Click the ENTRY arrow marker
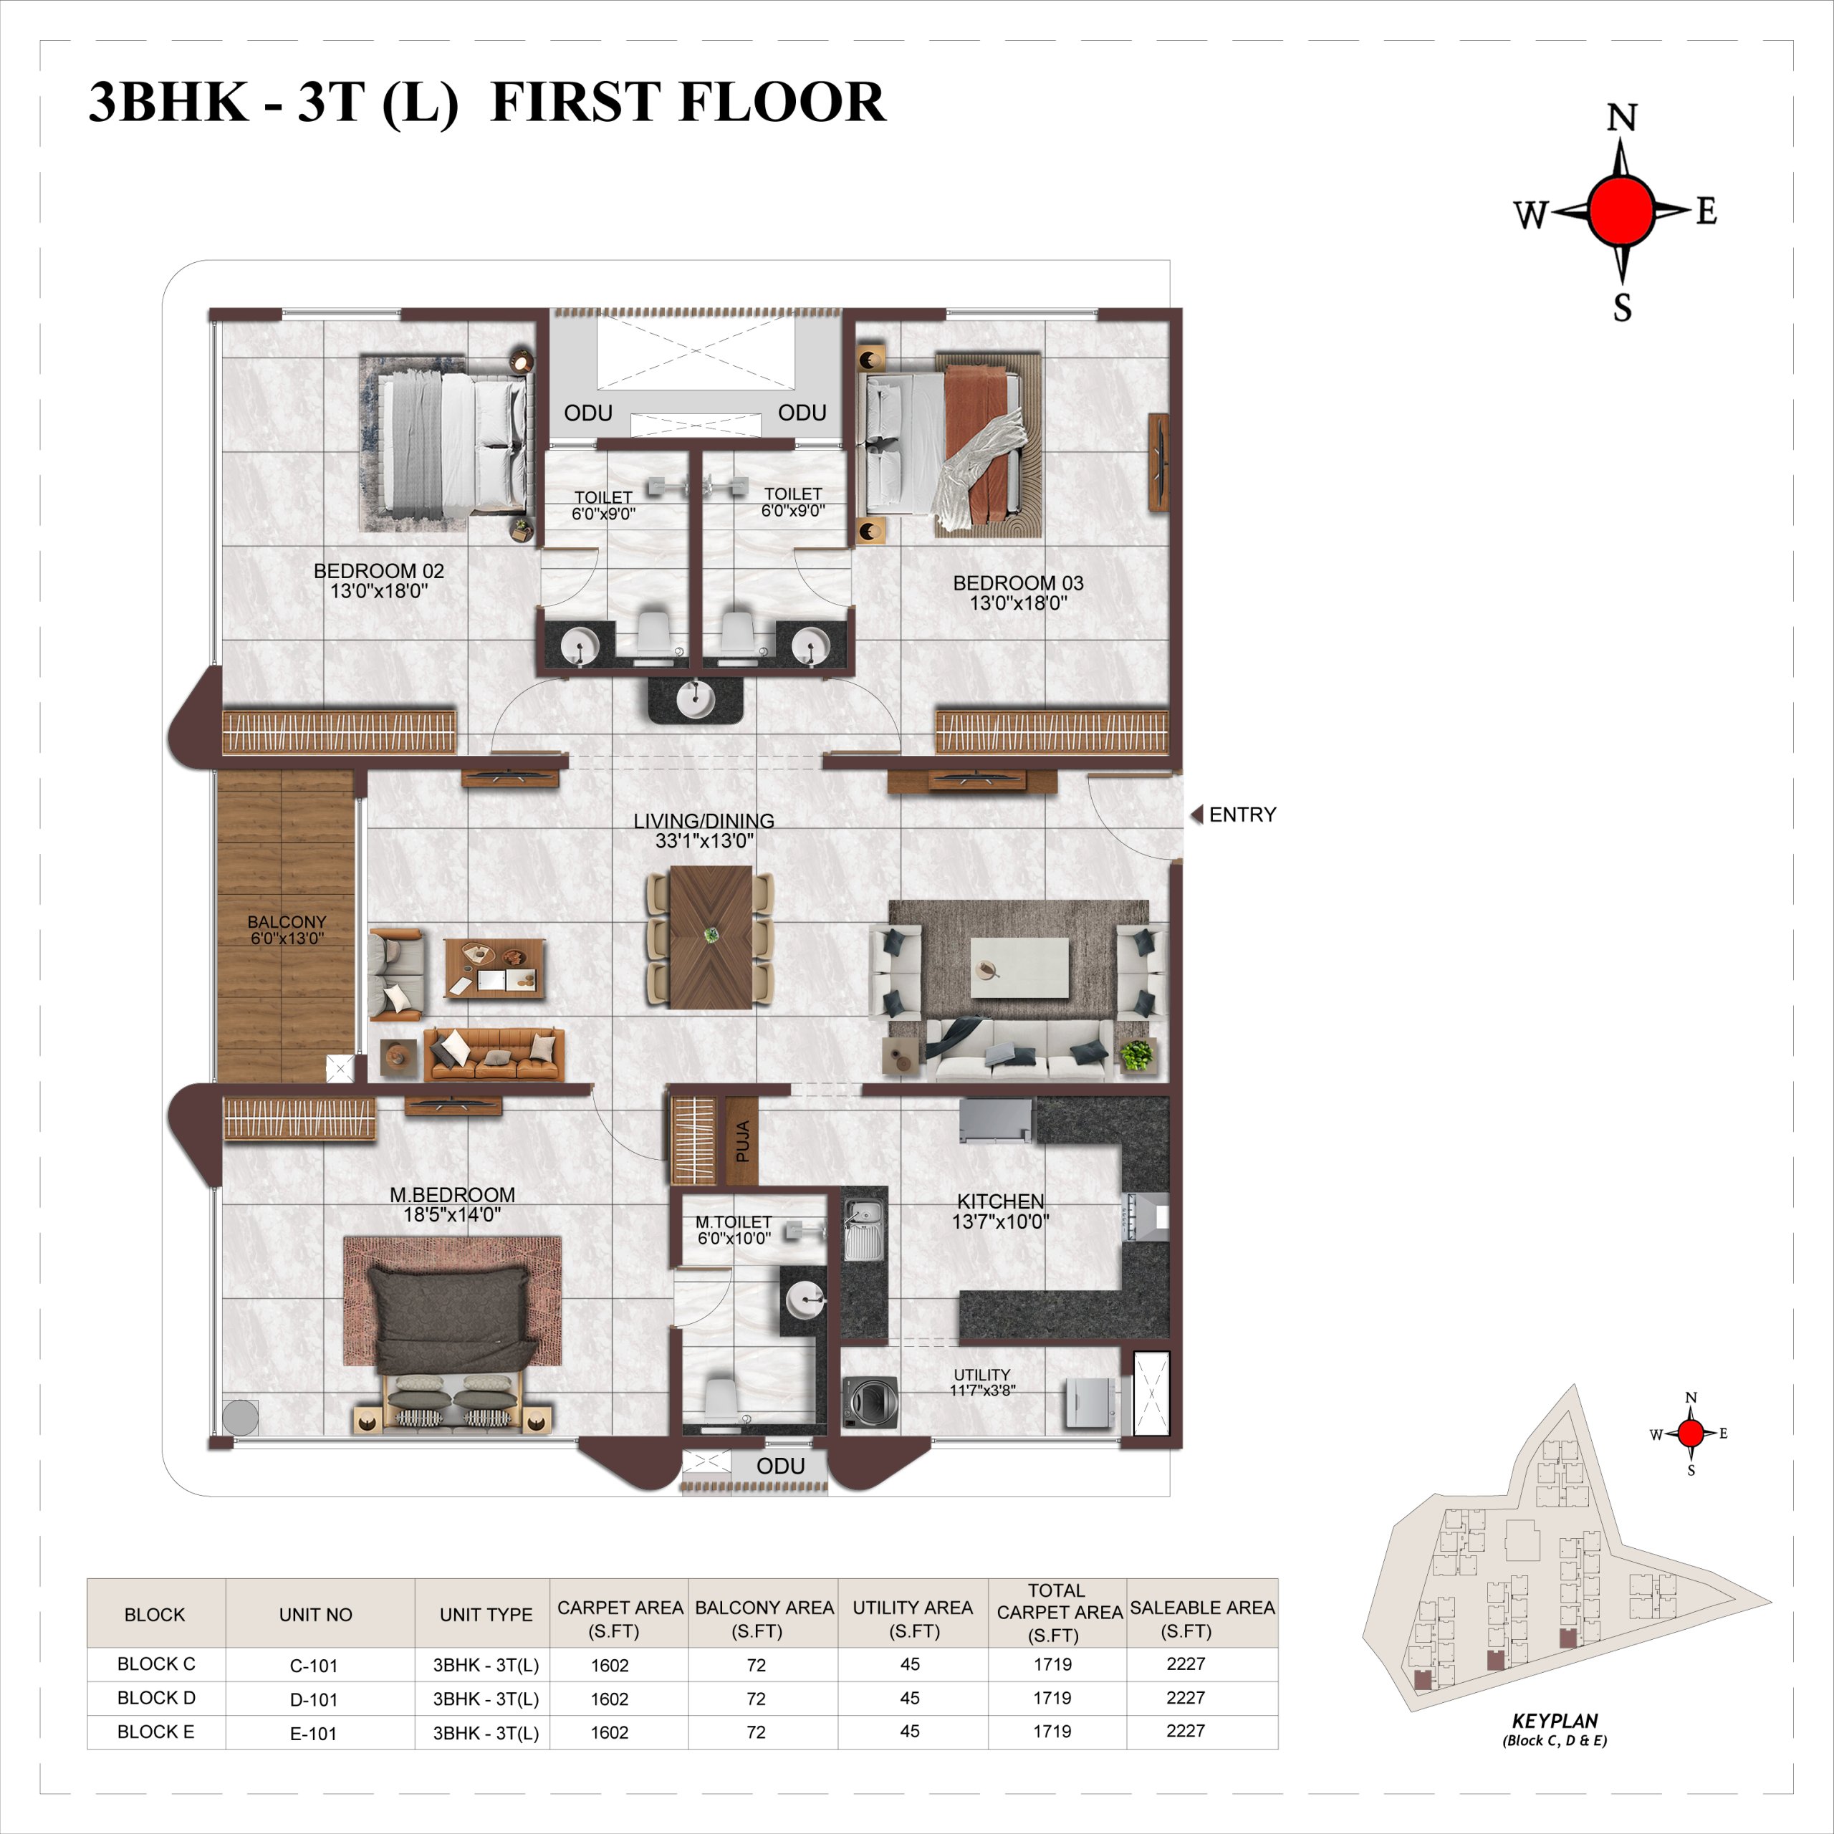click(x=1196, y=815)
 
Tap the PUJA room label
click(x=742, y=1141)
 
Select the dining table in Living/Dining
click(x=711, y=937)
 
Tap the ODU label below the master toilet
click(x=780, y=1466)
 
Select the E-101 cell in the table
click(x=313, y=1734)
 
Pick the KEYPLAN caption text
click(x=1555, y=1720)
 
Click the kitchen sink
click(x=864, y=1229)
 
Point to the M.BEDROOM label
click(x=453, y=1195)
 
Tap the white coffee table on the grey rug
click(x=1019, y=969)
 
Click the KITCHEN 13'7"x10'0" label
click(x=1001, y=1211)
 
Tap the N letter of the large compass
click(x=1621, y=117)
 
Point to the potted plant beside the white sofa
click(x=1136, y=1055)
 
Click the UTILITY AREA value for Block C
click(x=909, y=1664)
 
